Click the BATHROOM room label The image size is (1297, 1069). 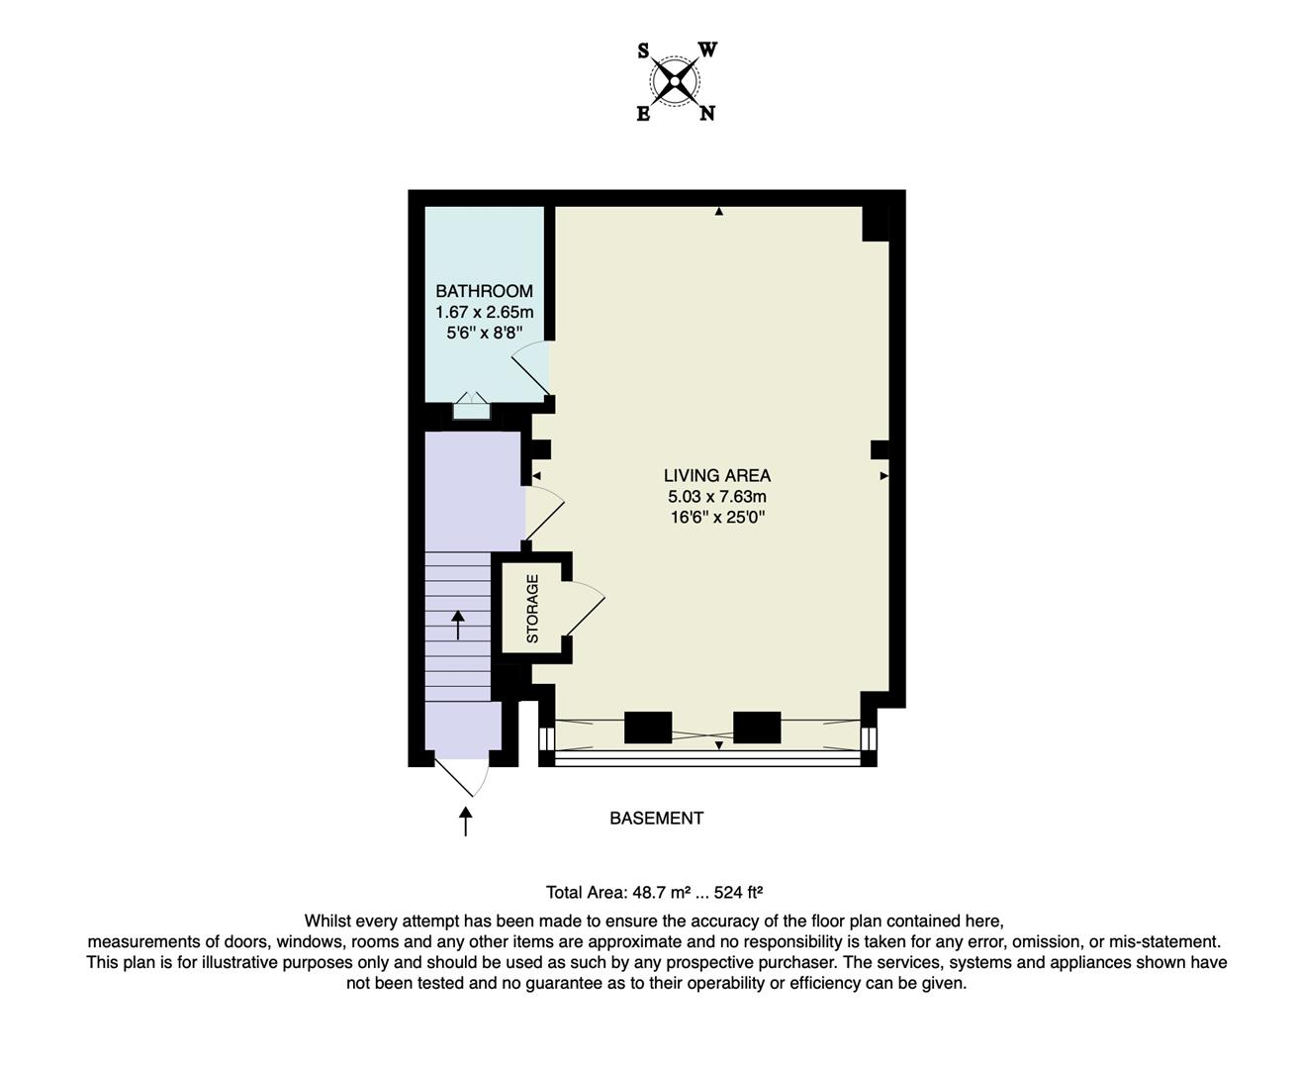(x=484, y=291)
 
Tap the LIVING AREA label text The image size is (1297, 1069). (x=716, y=475)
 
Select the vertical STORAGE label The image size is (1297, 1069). (x=532, y=609)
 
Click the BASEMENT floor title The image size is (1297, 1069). (x=656, y=818)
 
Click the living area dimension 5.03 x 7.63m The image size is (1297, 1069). (x=716, y=496)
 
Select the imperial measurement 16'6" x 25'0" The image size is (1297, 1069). (x=716, y=517)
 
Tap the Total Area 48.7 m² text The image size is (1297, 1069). (x=654, y=892)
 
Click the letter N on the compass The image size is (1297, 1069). (x=706, y=113)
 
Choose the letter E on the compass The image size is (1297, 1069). (x=643, y=114)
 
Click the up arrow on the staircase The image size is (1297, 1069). (x=458, y=625)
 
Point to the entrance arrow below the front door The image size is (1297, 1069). (x=465, y=821)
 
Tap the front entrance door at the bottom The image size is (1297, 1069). (x=461, y=777)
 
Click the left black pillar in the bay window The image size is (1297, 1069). (x=648, y=728)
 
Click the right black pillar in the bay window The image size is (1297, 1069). (x=757, y=728)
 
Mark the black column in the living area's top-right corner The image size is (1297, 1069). (x=875, y=224)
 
